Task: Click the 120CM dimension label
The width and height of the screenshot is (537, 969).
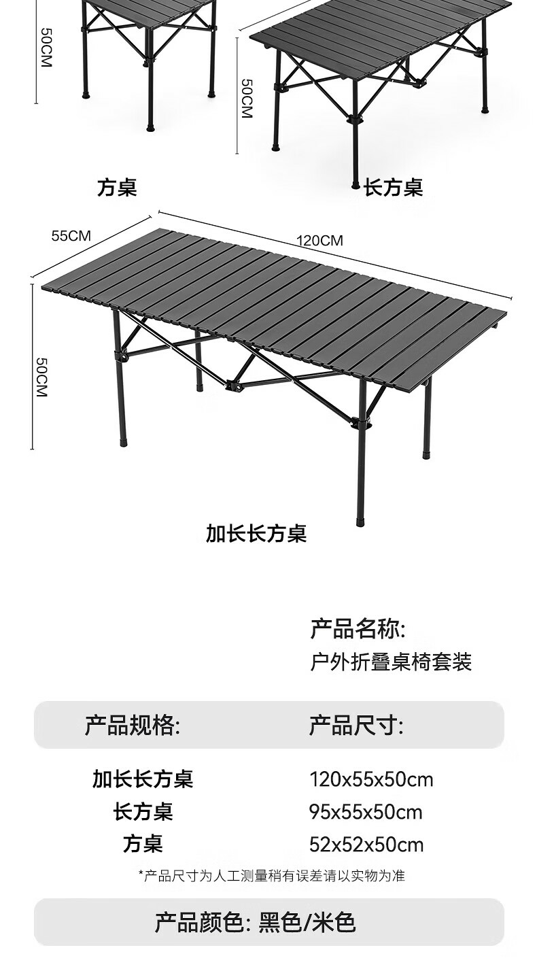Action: coord(319,241)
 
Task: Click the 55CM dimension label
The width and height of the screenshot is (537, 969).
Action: coord(71,236)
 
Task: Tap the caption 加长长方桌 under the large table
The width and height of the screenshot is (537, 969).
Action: coord(256,534)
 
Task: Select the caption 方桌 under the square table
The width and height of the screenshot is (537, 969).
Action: coord(117,188)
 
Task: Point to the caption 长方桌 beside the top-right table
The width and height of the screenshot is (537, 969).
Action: coord(393,188)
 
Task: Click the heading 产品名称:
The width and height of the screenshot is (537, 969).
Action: coord(358,629)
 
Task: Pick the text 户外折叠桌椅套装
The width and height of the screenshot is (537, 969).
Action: coord(391,662)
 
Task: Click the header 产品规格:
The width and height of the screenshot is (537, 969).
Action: coord(133,726)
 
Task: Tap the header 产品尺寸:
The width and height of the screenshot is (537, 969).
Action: coord(356,726)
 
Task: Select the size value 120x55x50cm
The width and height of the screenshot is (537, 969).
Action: coord(371,779)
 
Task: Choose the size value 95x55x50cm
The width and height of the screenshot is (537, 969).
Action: coord(366,812)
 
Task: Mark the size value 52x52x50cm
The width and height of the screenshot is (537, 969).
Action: coord(366,845)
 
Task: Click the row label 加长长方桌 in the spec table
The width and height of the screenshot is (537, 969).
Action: coord(143,779)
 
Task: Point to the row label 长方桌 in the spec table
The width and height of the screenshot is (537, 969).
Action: coord(143,812)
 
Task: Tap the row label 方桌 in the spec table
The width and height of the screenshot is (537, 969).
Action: coord(143,845)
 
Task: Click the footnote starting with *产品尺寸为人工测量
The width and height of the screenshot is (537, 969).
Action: coord(271,876)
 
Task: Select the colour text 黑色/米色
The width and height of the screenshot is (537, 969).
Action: coord(307,923)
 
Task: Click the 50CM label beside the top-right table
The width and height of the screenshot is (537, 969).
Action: coord(246,98)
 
